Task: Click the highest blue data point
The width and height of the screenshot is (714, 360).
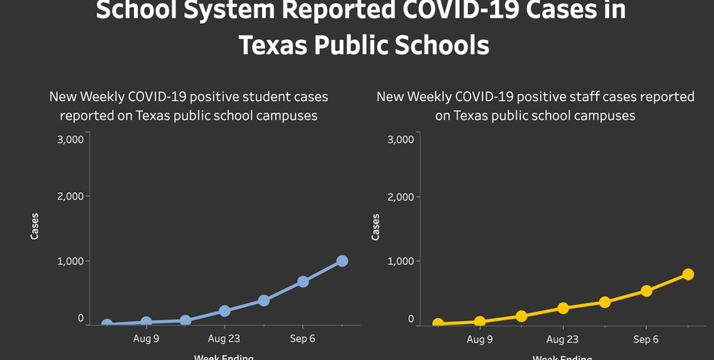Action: click(342, 261)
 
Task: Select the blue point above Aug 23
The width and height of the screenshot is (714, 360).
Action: click(224, 311)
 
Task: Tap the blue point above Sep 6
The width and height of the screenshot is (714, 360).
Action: click(303, 281)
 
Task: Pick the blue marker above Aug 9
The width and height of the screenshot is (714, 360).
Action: click(146, 322)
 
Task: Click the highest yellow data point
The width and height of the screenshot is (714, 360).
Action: click(688, 274)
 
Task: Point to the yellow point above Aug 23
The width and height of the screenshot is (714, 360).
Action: click(563, 308)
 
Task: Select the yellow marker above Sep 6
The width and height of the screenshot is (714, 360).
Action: click(647, 290)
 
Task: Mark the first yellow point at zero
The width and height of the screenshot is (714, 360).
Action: click(438, 324)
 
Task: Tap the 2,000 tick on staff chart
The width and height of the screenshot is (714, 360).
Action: click(401, 197)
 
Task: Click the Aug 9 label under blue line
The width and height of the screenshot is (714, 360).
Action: click(146, 339)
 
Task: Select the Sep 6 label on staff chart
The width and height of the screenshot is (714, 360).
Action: click(646, 339)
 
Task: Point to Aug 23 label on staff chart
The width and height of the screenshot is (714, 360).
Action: click(563, 339)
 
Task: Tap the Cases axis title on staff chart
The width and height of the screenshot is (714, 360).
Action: click(375, 226)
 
